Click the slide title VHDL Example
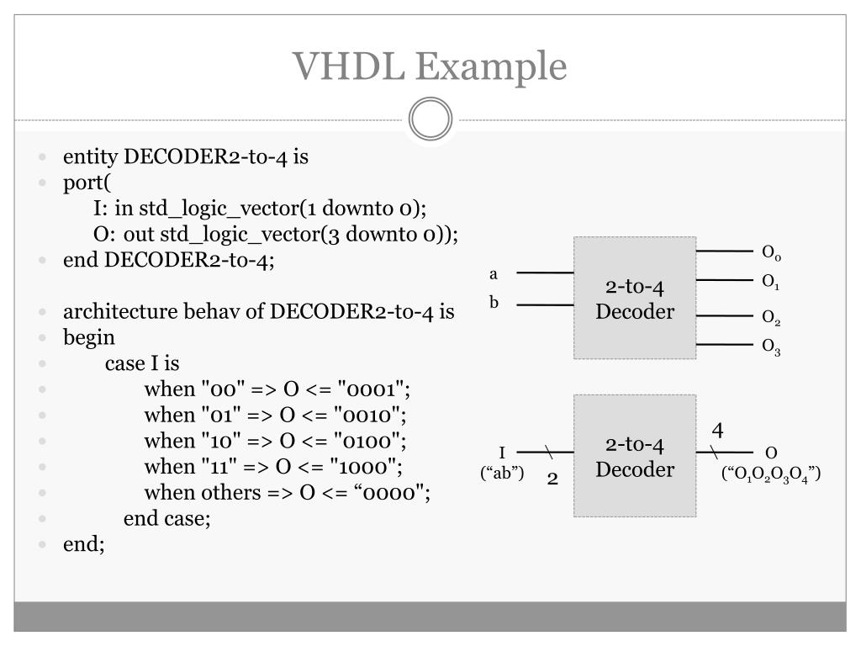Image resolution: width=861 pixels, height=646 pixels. coord(430,66)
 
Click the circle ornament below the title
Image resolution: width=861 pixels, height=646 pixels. coord(430,119)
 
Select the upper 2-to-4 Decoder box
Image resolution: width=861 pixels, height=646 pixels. coord(635,299)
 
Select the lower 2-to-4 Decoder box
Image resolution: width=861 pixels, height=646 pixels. coord(635,456)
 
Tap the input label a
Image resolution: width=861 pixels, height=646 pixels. coord(494,274)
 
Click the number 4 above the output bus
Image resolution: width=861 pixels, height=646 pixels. coord(717,431)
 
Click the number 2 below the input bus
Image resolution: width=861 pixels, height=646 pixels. coord(552,479)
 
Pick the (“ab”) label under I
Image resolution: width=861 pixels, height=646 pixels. coord(502,473)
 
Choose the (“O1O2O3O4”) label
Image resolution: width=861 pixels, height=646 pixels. coord(771,476)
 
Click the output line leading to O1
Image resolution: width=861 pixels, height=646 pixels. coord(724,280)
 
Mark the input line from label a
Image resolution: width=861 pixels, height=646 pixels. coord(545,273)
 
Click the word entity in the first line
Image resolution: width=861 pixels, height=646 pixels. coord(91,157)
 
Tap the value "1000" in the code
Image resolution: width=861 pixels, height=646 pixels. coord(369,466)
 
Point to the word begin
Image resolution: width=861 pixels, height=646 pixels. coord(88,338)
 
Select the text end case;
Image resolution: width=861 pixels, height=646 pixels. coord(166,518)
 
